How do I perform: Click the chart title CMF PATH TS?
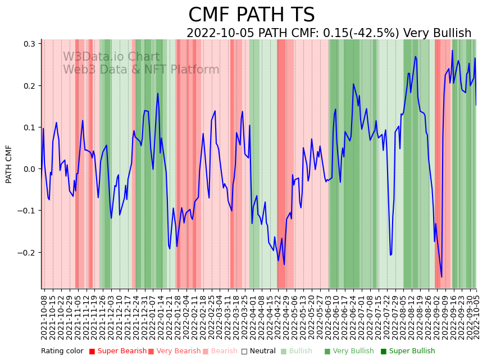tap(251, 15)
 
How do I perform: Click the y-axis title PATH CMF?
tap(9, 164)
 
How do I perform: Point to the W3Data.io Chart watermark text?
tap(111, 57)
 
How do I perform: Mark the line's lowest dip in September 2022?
tap(442, 277)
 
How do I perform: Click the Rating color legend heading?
tap(62, 351)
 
